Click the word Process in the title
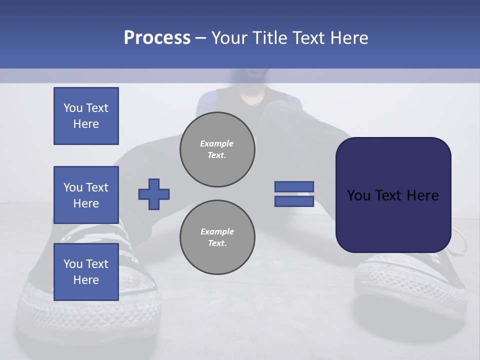[x=157, y=38]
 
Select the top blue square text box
[x=86, y=116]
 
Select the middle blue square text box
[x=86, y=195]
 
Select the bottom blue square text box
[x=86, y=271]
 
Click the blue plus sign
[x=154, y=194]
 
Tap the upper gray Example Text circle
[x=217, y=149]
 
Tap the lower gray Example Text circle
[x=217, y=237]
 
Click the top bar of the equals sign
[x=294, y=186]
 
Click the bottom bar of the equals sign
[x=294, y=201]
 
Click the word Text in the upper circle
[x=217, y=155]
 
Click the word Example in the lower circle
[x=217, y=231]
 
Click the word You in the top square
[x=72, y=108]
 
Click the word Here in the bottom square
[x=86, y=280]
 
